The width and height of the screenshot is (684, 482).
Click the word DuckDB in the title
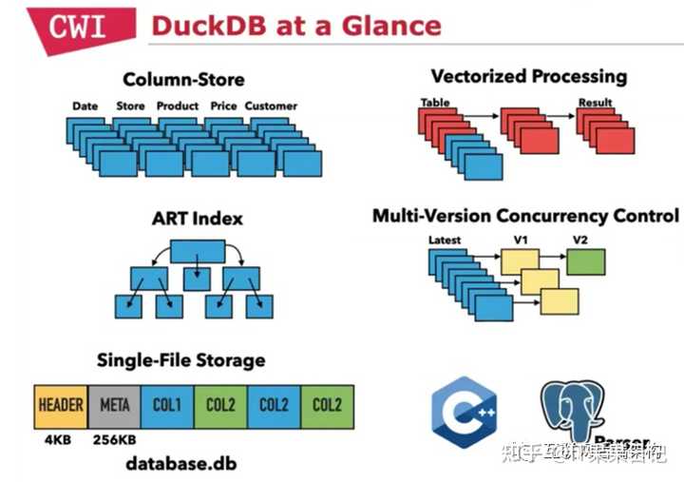click(211, 26)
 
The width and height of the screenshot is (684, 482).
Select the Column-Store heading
click(183, 79)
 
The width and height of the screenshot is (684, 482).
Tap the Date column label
click(85, 106)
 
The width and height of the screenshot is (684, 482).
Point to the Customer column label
click(271, 106)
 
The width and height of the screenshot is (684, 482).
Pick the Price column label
click(222, 106)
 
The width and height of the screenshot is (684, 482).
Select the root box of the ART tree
click(197, 251)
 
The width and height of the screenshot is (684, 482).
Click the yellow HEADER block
click(61, 404)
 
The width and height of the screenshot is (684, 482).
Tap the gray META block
click(114, 404)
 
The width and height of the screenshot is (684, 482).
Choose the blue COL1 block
click(167, 404)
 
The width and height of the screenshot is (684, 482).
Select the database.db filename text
click(181, 465)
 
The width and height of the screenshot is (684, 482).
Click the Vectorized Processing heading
click(529, 76)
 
